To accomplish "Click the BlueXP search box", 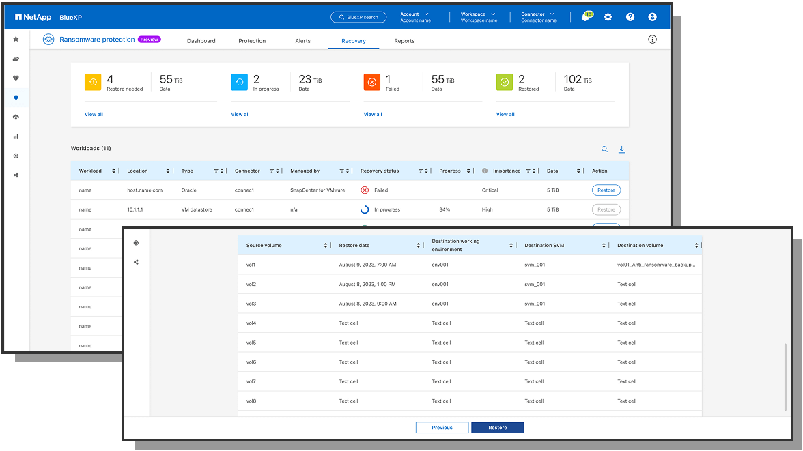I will click(x=358, y=17).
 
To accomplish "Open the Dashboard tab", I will click(x=201, y=41).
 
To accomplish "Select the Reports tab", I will click(x=404, y=41).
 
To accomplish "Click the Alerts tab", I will click(x=302, y=41).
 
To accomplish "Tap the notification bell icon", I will click(x=585, y=17).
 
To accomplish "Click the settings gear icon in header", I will click(x=608, y=17).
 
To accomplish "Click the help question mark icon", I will click(x=630, y=17).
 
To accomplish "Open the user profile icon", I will click(x=652, y=17).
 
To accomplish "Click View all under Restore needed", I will click(x=94, y=115).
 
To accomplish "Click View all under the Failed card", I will click(x=373, y=115).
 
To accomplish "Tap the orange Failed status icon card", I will click(x=372, y=82).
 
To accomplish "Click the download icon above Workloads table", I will click(x=622, y=149).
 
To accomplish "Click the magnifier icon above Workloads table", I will click(x=604, y=149).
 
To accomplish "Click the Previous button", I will click(x=442, y=428).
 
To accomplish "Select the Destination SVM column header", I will click(x=544, y=246).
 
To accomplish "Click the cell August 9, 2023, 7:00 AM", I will click(x=367, y=265).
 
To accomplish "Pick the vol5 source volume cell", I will click(x=251, y=343).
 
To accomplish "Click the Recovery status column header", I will click(x=380, y=171).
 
